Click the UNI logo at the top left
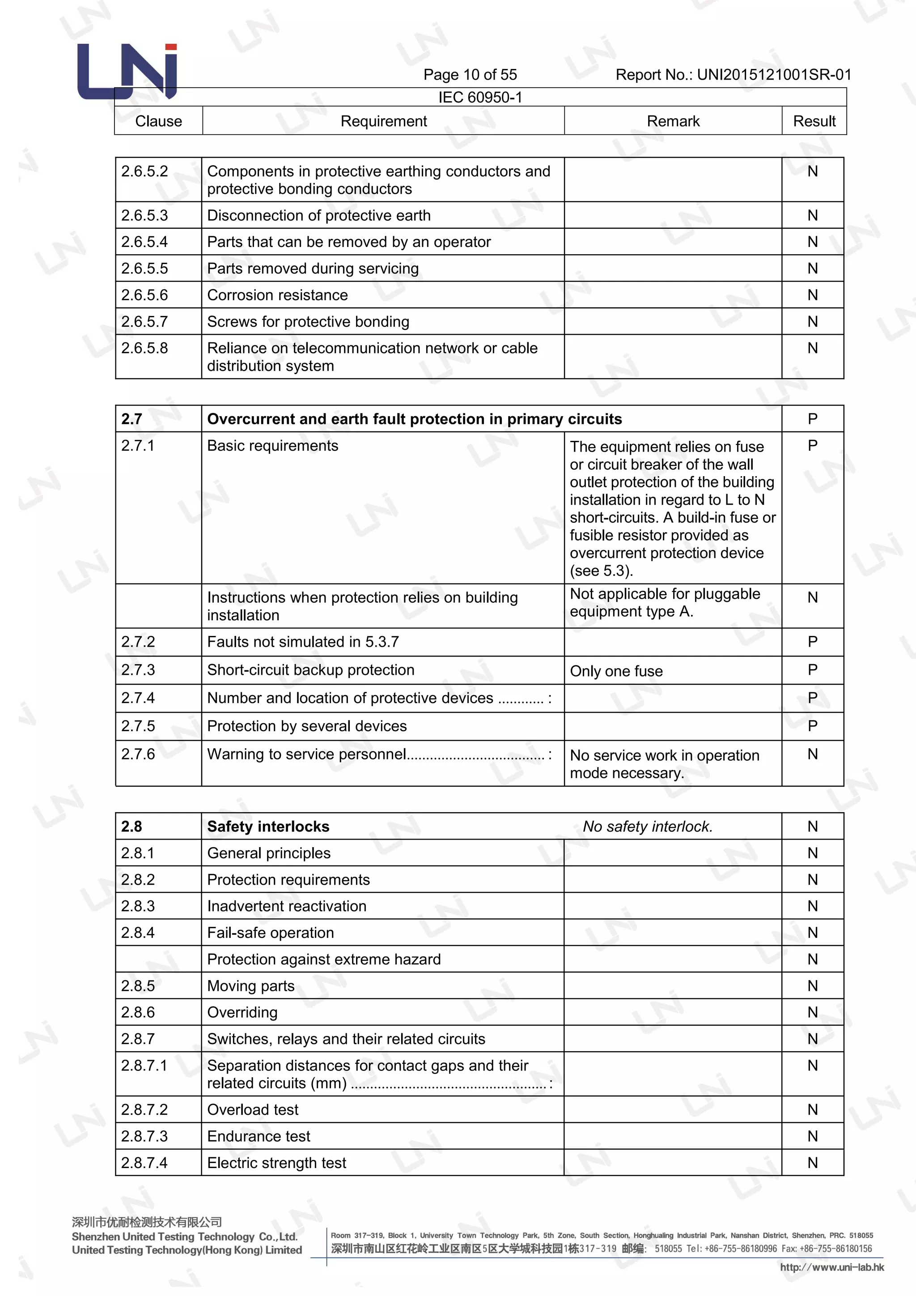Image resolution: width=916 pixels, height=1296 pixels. click(x=127, y=71)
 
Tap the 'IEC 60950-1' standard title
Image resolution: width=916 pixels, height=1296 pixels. click(x=480, y=97)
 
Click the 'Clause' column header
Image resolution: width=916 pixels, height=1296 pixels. click(x=158, y=121)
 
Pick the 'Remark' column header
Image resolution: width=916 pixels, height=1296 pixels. click(x=672, y=121)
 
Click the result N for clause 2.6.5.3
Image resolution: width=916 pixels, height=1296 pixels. click(x=812, y=215)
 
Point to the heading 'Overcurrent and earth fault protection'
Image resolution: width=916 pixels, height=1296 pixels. click(x=414, y=419)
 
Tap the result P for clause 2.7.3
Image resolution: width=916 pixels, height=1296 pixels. click(x=812, y=669)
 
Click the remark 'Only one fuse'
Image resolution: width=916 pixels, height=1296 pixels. click(x=616, y=671)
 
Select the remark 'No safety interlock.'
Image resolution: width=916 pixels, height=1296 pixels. click(x=648, y=827)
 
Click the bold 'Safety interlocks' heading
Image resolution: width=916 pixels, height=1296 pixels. click(x=268, y=827)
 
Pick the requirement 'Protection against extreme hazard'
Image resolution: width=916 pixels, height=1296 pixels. click(x=324, y=959)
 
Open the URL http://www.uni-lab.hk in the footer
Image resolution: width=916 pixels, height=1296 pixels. click(x=832, y=1267)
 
